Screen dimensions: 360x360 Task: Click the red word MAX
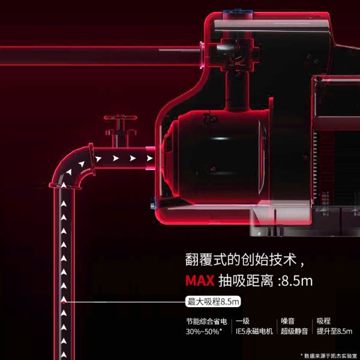(200, 281)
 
